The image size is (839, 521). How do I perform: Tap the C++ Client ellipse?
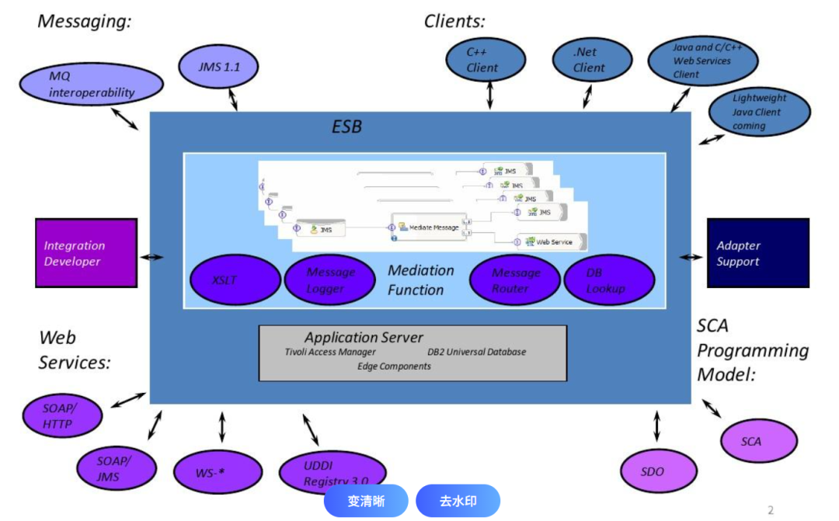click(x=486, y=60)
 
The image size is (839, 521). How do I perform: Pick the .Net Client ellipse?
click(x=589, y=60)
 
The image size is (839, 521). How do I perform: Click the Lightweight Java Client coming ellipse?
click(x=759, y=112)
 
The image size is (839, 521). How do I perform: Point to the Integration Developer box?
click(x=86, y=254)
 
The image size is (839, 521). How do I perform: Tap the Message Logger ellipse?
click(x=330, y=280)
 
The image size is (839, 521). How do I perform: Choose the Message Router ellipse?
click(x=515, y=280)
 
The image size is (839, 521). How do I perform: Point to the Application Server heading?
click(x=364, y=337)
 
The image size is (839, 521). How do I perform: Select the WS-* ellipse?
click(x=217, y=471)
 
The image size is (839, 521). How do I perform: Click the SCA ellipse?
click(x=758, y=441)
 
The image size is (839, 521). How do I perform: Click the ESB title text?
click(x=346, y=126)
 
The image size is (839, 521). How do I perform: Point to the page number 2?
click(x=771, y=510)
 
